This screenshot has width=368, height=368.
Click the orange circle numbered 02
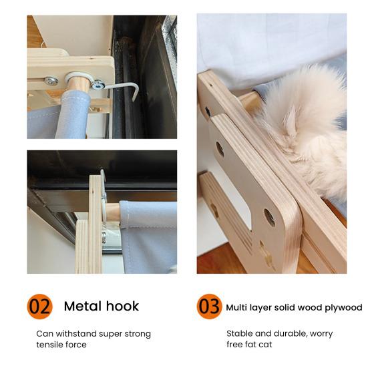39,307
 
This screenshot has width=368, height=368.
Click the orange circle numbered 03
209,307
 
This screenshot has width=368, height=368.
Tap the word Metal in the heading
83,307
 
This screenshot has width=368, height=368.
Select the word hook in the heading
122,307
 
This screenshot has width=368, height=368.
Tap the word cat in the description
265,345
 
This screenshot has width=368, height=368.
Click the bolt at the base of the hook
97,85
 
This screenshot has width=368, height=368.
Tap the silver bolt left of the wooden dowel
51,81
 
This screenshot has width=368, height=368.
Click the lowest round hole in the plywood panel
269,217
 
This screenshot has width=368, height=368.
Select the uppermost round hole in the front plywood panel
220,149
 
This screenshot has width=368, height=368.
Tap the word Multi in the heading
236,307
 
